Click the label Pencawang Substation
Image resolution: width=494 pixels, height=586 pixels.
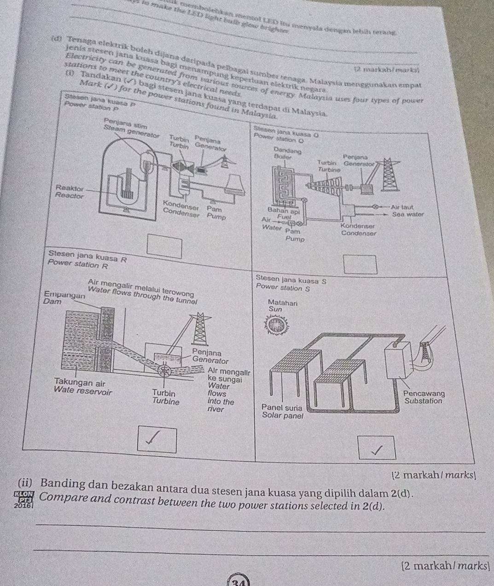click(424, 397)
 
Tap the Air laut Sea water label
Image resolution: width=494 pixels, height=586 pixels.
click(407, 211)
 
